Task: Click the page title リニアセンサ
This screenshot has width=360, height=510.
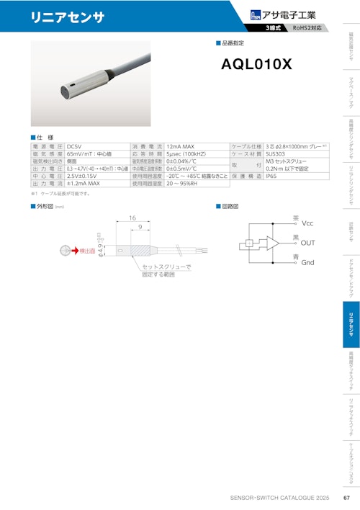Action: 57,17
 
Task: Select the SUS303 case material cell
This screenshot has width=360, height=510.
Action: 276,154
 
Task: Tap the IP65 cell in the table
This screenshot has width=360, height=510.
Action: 272,175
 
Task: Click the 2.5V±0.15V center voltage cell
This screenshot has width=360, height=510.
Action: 84,175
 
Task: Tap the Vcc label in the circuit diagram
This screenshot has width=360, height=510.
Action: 308,223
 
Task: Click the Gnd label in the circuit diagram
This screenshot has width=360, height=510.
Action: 308,263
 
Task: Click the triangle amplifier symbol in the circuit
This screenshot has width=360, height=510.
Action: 273,243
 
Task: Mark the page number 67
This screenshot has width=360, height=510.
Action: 346,498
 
